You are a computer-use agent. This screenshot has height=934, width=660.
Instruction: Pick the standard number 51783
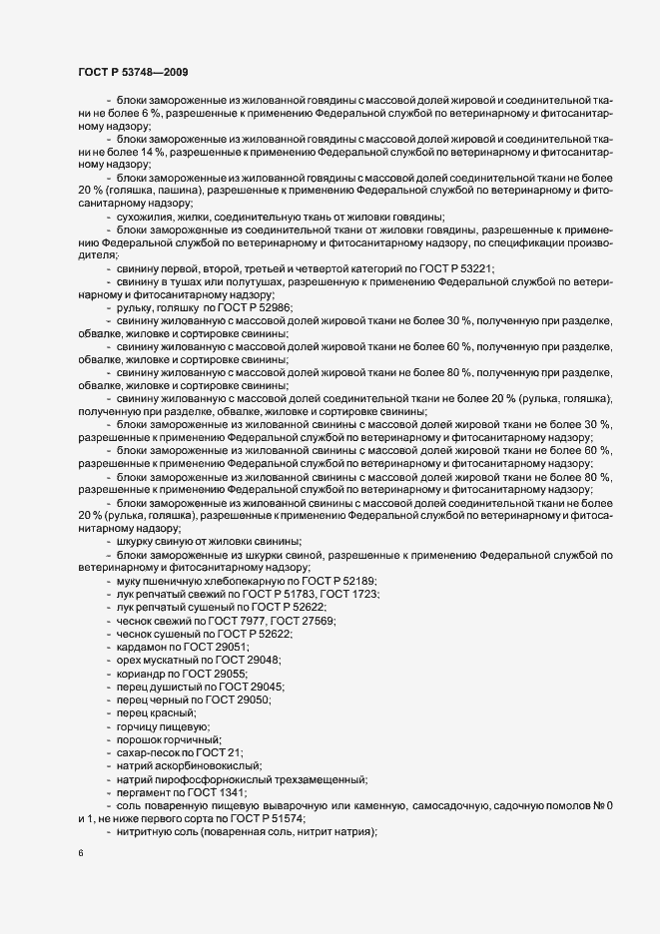pyautogui.click(x=281, y=595)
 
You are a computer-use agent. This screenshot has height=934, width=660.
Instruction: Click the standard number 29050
pyautogui.click(x=254, y=700)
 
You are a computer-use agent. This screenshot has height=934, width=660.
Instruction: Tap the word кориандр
pyautogui.click(x=139, y=674)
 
